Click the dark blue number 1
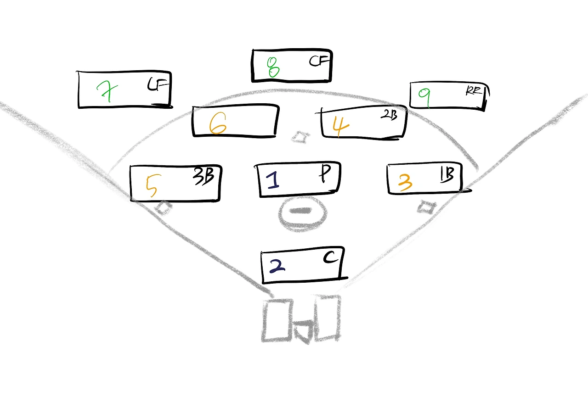pyautogui.click(x=274, y=179)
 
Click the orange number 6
pyautogui.click(x=218, y=124)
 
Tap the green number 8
pyautogui.click(x=273, y=67)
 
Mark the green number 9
pyautogui.click(x=425, y=97)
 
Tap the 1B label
pyautogui.click(x=447, y=175)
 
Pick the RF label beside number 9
pyautogui.click(x=474, y=91)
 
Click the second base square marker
pyautogui.click(x=300, y=136)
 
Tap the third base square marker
pyautogui.click(x=163, y=208)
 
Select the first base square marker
pyautogui.click(x=426, y=207)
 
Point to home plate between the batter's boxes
pyautogui.click(x=303, y=331)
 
